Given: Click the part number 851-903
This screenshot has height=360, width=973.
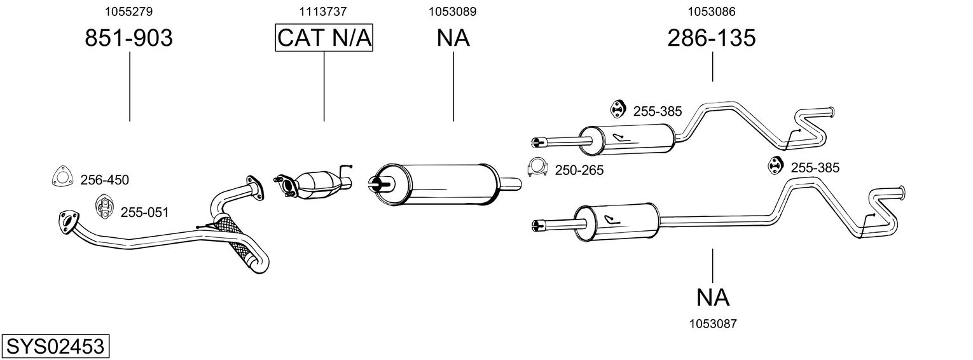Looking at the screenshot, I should [x=129, y=38].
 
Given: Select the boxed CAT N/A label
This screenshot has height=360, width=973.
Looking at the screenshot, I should [x=324, y=38].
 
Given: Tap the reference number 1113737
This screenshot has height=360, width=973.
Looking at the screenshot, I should [x=324, y=11].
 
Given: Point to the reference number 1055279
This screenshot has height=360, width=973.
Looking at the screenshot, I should [x=129, y=11].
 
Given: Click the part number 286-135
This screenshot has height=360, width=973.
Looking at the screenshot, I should [x=712, y=38].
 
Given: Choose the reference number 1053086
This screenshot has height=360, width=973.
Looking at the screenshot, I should [x=712, y=11].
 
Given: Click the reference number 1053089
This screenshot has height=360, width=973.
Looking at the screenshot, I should [x=453, y=11].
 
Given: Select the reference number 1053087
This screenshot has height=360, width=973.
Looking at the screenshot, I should [x=712, y=324].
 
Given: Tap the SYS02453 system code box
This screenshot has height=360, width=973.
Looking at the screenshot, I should [x=55, y=347].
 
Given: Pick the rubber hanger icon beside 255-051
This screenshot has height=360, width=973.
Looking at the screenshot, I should [x=104, y=207].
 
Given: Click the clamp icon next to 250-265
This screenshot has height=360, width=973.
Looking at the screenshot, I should [x=538, y=167].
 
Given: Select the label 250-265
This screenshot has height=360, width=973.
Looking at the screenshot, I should [x=579, y=170].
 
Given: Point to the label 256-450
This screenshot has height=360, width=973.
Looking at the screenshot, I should [x=104, y=180].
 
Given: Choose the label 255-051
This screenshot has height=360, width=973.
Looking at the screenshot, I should [x=144, y=212].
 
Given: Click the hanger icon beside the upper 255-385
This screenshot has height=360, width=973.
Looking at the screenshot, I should [x=617, y=109].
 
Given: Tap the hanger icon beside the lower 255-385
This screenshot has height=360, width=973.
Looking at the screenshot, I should [x=775, y=165].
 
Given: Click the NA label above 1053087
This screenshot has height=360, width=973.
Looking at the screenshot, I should [x=712, y=297].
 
